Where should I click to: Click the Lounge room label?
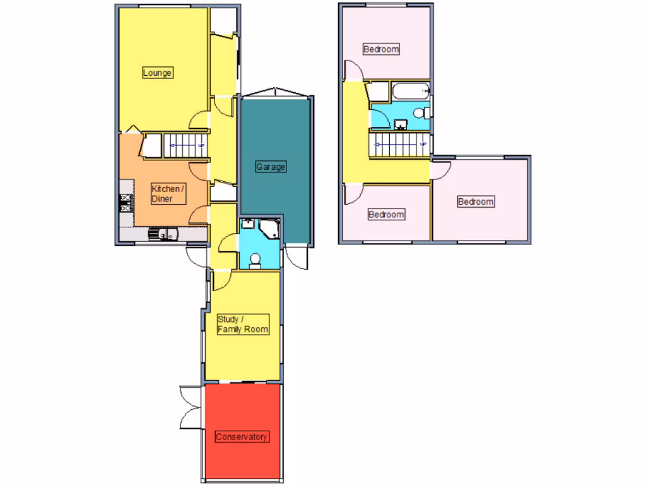click(157, 73)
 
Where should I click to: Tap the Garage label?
click(271, 167)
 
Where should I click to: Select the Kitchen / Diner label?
click(168, 194)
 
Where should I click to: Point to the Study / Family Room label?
click(243, 325)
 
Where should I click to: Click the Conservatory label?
click(242, 436)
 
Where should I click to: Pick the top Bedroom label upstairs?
click(382, 49)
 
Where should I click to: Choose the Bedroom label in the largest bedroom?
click(476, 202)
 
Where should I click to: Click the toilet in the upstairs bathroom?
click(423, 113)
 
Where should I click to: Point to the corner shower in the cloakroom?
click(271, 228)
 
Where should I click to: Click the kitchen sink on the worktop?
click(164, 235)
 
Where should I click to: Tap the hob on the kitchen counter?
click(125, 201)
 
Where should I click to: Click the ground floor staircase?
click(185, 146)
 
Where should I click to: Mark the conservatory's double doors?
click(190, 407)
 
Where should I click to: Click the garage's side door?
click(295, 256)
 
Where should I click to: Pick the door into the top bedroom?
click(353, 70)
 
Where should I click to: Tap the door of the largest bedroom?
click(440, 169)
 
